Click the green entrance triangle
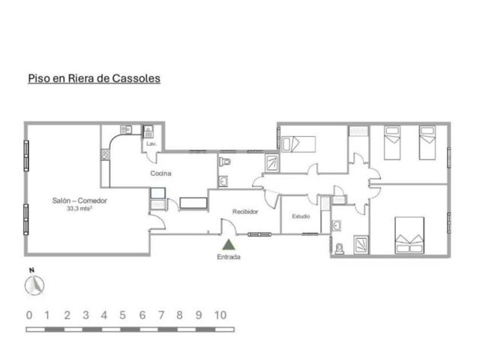[229, 245]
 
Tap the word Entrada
[229, 257]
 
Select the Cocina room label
[161, 173]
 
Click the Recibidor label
[245, 211]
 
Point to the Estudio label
[301, 217]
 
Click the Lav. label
[151, 144]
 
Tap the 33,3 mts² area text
[79, 209]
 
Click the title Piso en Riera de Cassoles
[94, 78]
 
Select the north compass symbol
[35, 283]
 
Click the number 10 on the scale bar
[221, 315]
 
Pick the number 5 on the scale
[122, 315]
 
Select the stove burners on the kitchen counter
[105, 154]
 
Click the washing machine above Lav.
[149, 131]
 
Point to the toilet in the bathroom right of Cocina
[225, 162]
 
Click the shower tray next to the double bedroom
[361, 244]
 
